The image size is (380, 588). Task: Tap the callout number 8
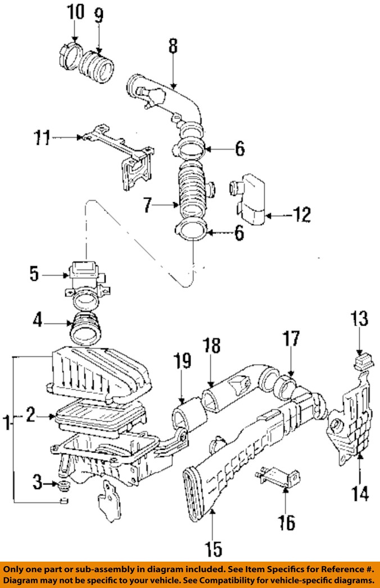click(173, 47)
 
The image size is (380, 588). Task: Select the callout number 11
click(42, 138)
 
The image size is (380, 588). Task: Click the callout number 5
click(34, 274)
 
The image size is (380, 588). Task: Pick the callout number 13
click(360, 319)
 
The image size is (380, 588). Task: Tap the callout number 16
click(287, 522)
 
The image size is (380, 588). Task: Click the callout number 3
click(37, 482)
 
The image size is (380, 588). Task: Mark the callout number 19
click(182, 361)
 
